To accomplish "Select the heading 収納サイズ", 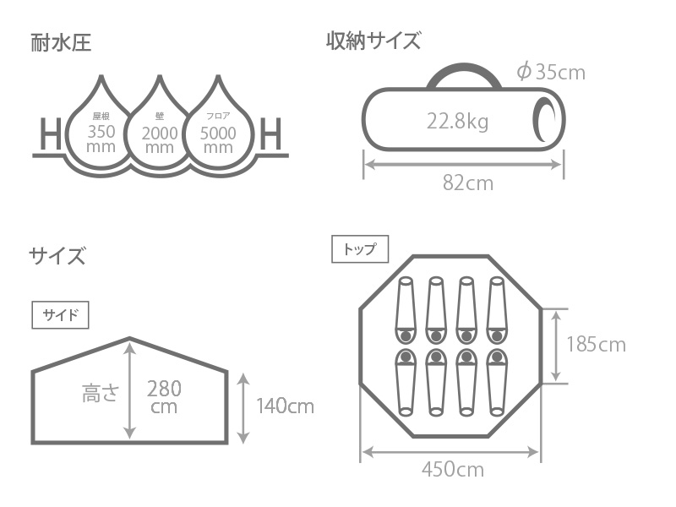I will point(373,41).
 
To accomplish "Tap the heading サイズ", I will point(57,256).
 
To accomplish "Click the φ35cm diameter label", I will point(550,72).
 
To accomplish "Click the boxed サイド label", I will point(61,315).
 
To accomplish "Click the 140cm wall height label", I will point(285,406).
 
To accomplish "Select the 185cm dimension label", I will point(596,345).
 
